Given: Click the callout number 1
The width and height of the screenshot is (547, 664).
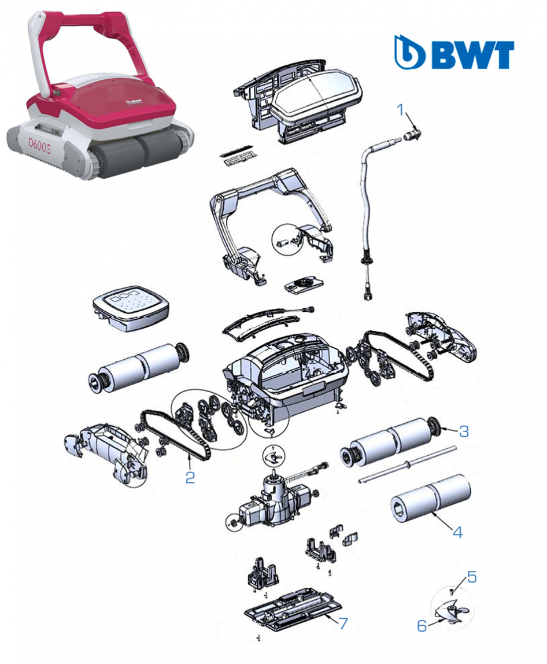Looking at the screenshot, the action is click(400, 110).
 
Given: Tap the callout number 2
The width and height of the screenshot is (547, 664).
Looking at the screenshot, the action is click(190, 477).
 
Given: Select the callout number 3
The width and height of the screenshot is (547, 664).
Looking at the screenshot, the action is click(464, 431).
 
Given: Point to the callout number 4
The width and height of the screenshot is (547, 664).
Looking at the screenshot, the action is click(458, 532).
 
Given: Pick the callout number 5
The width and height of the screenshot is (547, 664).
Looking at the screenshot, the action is click(472, 577).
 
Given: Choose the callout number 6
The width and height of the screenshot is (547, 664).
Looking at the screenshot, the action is click(422, 625).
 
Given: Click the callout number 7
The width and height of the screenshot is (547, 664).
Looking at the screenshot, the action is click(343, 623).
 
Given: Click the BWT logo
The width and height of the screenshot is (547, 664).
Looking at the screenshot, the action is click(454, 52).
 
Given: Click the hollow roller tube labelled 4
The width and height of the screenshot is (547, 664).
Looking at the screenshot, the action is click(430, 499).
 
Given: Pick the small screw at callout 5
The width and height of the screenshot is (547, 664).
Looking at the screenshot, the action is click(452, 589).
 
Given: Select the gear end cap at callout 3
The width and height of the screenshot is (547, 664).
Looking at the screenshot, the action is click(434, 426).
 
